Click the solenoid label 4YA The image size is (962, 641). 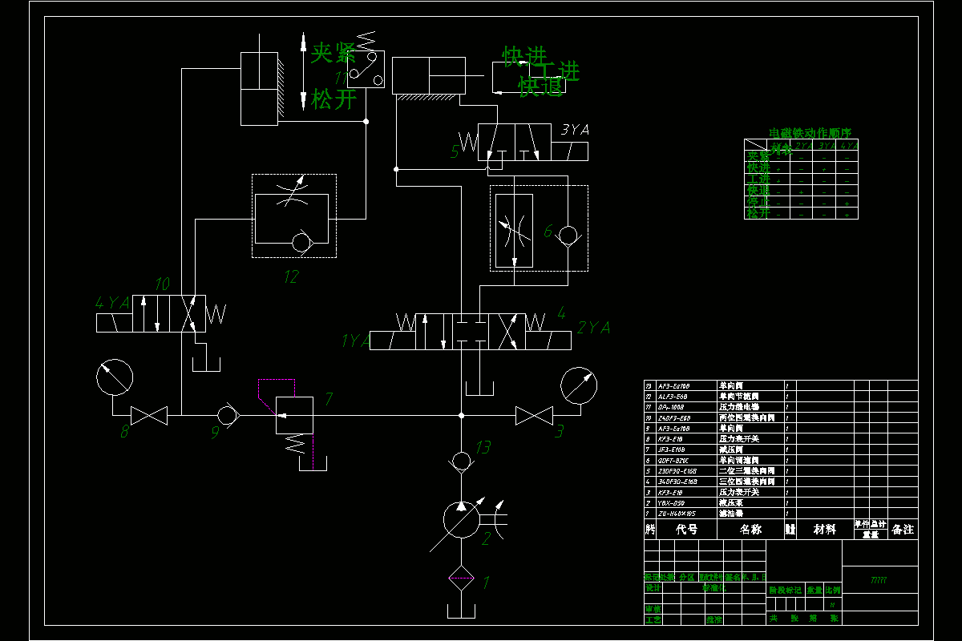(x=112, y=303)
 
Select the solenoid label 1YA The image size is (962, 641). (x=355, y=341)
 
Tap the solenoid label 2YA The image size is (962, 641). (x=593, y=328)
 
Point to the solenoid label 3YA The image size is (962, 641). (x=576, y=130)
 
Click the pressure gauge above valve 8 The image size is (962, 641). (x=114, y=377)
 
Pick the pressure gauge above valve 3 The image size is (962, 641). (x=579, y=385)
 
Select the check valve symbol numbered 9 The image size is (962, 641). (x=227, y=415)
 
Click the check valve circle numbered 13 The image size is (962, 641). (x=461, y=461)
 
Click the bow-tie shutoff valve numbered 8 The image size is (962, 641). (x=148, y=415)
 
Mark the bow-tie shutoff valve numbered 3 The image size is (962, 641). (x=533, y=415)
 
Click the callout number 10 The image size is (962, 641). (x=162, y=284)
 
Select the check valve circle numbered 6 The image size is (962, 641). (x=568, y=235)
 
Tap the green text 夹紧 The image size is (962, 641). (x=333, y=54)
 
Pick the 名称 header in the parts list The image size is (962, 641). (x=750, y=530)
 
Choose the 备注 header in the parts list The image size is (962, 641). (x=903, y=530)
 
